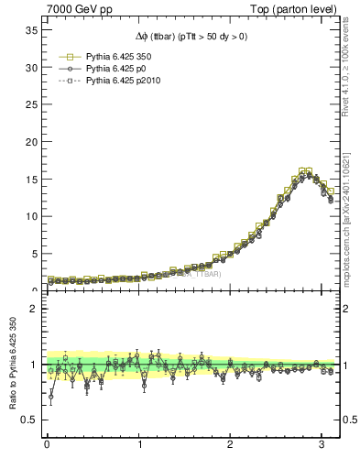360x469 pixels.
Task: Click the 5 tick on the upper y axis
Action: point(33,254)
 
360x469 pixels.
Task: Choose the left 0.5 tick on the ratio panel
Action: point(29,420)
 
